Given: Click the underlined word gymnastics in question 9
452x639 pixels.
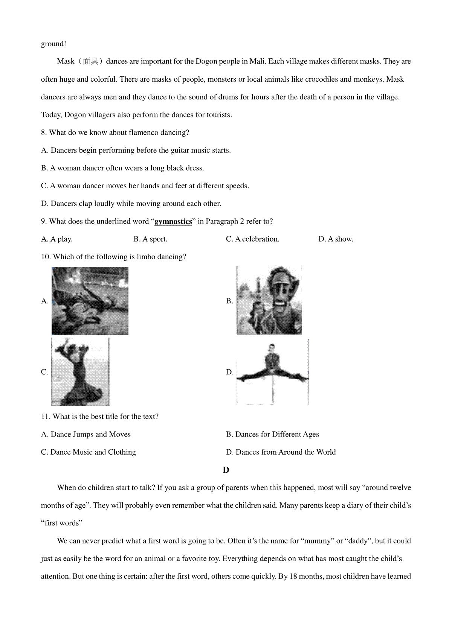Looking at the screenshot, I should click(173, 221).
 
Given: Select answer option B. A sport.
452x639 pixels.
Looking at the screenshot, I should click(150, 239).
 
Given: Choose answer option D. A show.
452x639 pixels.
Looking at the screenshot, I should click(336, 239).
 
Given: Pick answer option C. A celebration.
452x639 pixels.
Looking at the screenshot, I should click(252, 239).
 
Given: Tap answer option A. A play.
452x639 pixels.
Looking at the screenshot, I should click(57, 239).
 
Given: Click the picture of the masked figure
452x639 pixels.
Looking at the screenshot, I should click(269, 300).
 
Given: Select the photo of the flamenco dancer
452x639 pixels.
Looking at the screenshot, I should click(80, 371).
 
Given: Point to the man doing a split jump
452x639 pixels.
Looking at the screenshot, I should click(272, 371).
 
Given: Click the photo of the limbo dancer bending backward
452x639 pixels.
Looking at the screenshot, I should click(90, 300).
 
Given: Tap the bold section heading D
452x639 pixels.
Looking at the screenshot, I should click(226, 470).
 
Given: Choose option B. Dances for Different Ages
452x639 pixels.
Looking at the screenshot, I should click(272, 434).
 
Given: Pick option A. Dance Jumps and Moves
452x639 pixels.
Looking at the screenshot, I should click(86, 434).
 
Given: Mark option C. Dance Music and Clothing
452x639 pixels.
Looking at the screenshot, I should click(89, 452).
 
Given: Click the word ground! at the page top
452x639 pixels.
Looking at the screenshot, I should click(53, 44).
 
